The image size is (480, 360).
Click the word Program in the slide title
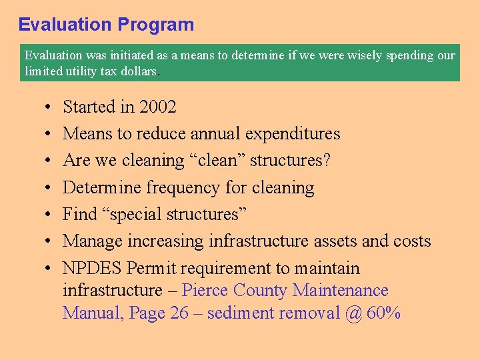[156, 25]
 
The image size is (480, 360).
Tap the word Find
[79, 215]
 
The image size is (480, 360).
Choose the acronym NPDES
[92, 269]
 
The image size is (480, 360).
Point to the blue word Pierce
[209, 291]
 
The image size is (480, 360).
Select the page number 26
[179, 313]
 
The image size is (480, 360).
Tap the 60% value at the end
[383, 313]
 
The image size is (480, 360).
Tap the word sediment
[238, 313]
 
